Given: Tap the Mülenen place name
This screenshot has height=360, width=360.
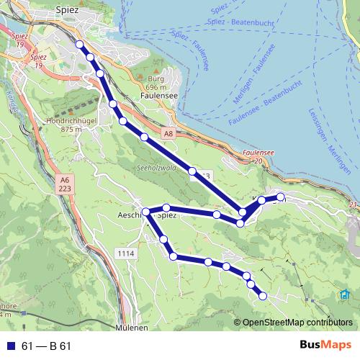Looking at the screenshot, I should click(132, 327).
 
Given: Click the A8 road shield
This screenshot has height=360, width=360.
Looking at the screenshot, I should click(168, 133).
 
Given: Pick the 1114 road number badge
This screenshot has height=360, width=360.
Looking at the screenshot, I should click(125, 253).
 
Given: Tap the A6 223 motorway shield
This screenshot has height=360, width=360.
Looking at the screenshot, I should click(65, 184).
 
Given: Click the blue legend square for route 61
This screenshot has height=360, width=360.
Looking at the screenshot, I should click(11, 346).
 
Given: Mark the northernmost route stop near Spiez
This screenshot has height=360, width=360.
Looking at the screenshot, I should click(79, 45).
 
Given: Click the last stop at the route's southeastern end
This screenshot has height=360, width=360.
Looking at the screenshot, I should click(263, 296).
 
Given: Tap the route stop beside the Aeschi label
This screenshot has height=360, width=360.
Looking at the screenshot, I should click(146, 212).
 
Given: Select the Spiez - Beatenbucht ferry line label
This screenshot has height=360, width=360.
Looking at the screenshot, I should click(233, 22).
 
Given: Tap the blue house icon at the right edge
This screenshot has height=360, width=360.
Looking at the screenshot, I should click(344, 294).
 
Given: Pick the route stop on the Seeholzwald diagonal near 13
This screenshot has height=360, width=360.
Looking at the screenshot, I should click(192, 171).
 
